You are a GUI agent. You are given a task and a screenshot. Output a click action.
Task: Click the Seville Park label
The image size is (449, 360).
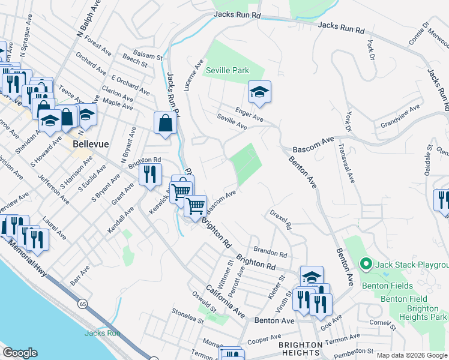point(227,70)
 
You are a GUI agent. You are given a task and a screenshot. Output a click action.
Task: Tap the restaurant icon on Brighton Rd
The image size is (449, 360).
point(150,175)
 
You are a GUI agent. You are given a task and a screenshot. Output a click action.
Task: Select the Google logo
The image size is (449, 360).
point(20,353)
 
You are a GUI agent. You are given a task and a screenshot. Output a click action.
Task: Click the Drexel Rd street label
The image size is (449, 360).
point(280,220)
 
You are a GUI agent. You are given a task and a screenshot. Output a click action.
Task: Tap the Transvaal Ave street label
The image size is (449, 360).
point(341,164)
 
